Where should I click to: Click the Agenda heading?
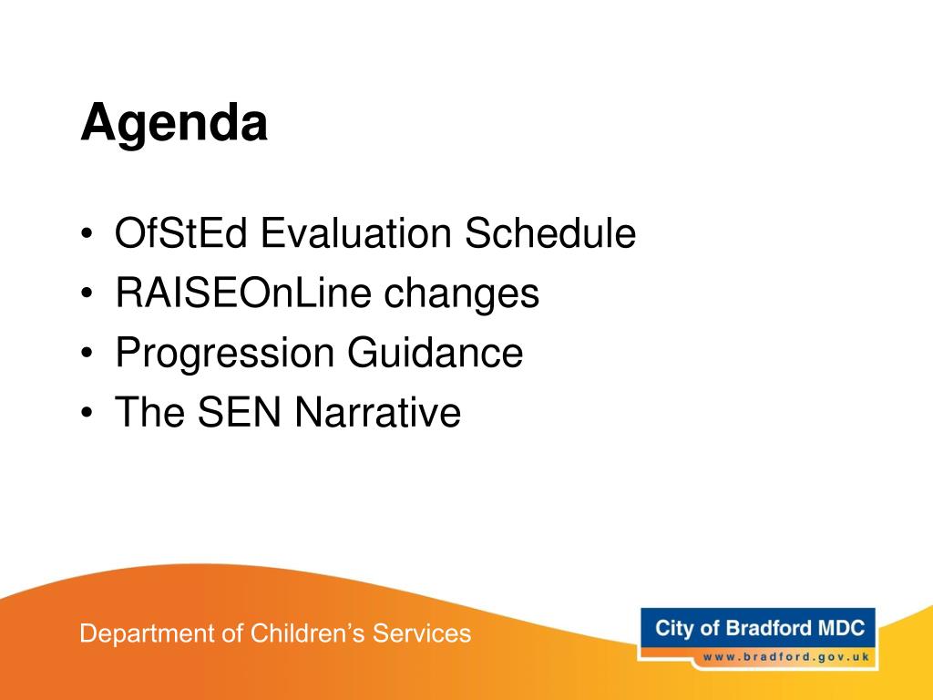pyautogui.click(x=174, y=123)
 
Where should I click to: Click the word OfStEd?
pyautogui.click(x=181, y=232)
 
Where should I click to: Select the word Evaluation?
pyautogui.click(x=356, y=232)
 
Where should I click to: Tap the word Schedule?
pyautogui.click(x=550, y=232)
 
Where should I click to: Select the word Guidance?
pyautogui.click(x=435, y=352)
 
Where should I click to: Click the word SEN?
pyautogui.click(x=240, y=411)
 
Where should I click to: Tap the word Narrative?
pyautogui.click(x=378, y=411)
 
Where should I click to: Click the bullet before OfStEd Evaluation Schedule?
pyautogui.click(x=87, y=234)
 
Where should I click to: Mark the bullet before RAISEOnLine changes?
pyautogui.click(x=87, y=293)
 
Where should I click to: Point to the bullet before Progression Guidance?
pyautogui.click(x=87, y=354)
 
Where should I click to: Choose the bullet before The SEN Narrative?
pyautogui.click(x=87, y=413)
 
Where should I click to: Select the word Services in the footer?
pyautogui.click(x=422, y=633)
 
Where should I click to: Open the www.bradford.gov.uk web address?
pyautogui.click(x=786, y=658)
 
